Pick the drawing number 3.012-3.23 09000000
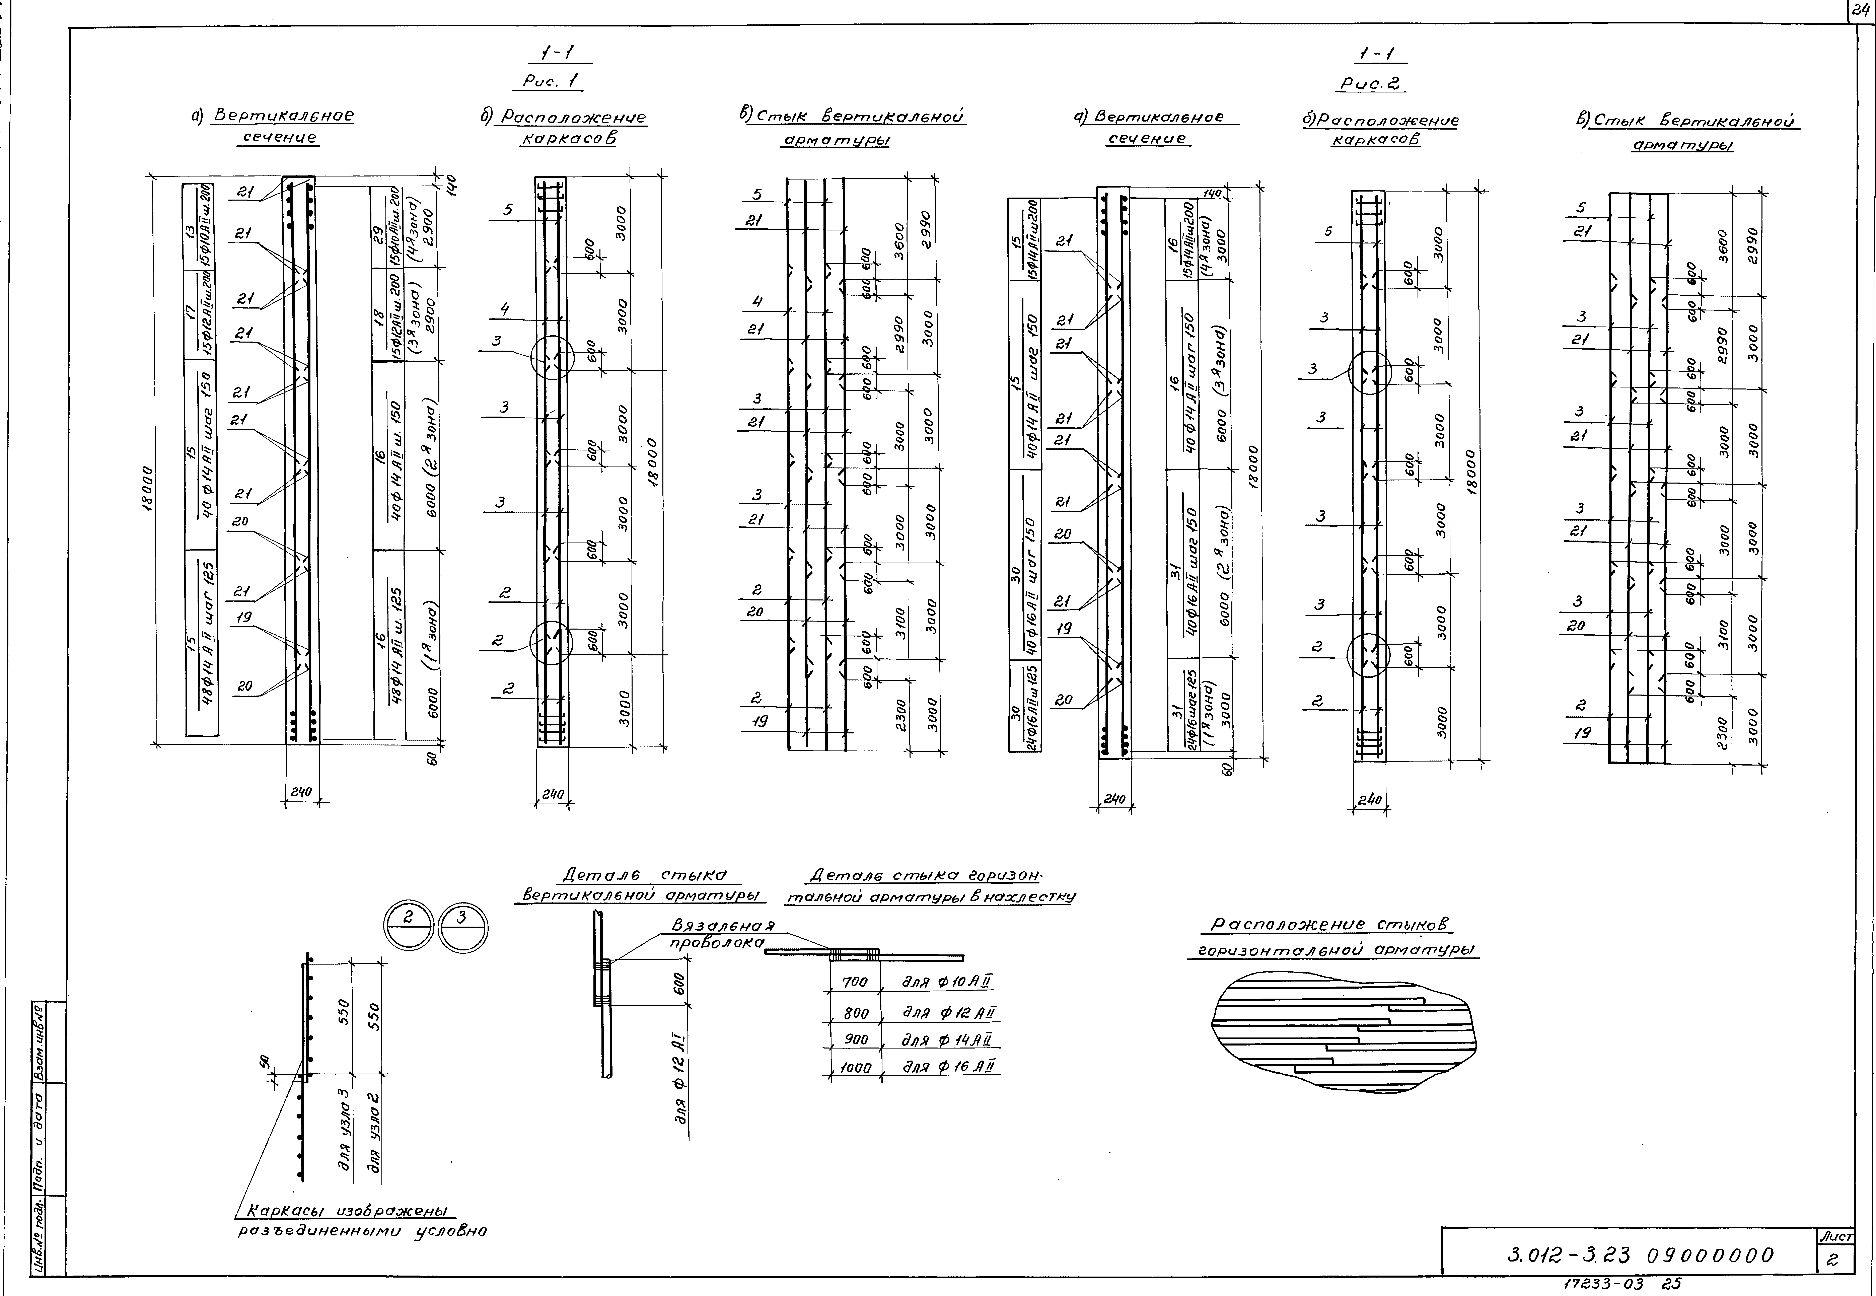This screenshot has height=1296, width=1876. [x=1641, y=1255]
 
